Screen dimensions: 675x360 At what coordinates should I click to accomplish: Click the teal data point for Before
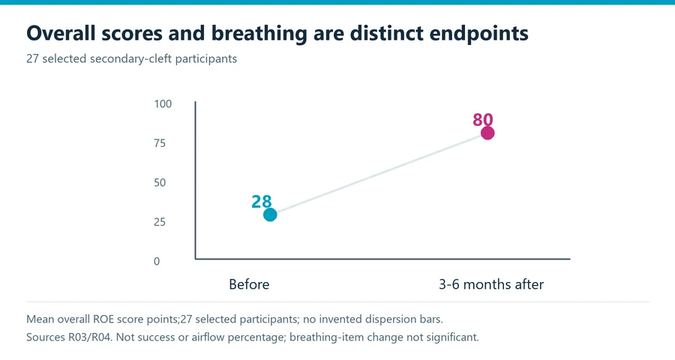coord(270,214)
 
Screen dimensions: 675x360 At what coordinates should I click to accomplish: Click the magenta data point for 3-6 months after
coord(487,133)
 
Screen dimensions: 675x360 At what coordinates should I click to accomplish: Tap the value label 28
coord(262,202)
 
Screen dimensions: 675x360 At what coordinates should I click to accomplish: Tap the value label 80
coord(482,120)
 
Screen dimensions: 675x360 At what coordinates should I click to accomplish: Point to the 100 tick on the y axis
coord(163,103)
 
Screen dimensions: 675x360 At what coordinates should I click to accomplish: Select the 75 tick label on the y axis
coord(160,143)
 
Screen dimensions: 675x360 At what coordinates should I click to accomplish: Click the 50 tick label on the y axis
coord(160,182)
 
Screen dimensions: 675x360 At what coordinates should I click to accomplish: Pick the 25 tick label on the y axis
coord(160,222)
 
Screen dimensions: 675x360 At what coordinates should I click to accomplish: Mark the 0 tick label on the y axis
coord(157,262)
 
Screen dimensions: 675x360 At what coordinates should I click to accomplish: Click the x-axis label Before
coord(249,284)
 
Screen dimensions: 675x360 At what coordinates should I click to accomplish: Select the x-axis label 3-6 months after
coord(491,284)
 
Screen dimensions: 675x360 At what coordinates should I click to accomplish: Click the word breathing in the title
coord(259,34)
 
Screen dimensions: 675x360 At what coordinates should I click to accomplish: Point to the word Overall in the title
coord(61,33)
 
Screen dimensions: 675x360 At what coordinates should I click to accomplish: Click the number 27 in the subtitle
coord(32,58)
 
